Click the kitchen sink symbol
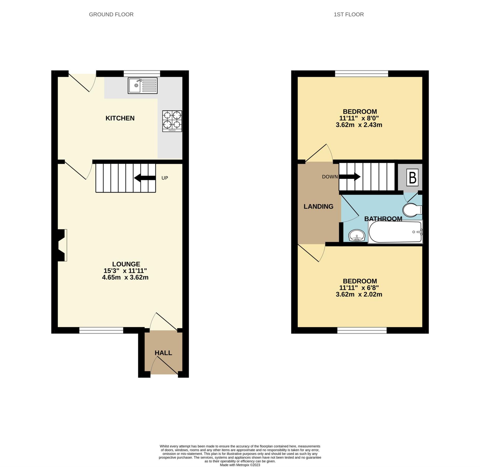click(x=143, y=86)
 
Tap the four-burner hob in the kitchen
click(x=172, y=121)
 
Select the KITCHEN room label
click(x=120, y=118)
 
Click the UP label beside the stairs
click(x=165, y=178)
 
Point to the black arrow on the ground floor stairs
click(x=145, y=178)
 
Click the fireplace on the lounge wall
click(x=62, y=245)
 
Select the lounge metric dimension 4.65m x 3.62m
click(x=125, y=277)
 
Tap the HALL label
click(x=163, y=353)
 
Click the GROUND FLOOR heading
click(x=111, y=15)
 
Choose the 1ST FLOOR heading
click(x=349, y=15)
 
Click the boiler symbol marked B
click(x=412, y=178)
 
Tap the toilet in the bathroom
click(x=411, y=210)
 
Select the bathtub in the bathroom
click(x=395, y=232)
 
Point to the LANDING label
click(x=318, y=207)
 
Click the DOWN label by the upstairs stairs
click(x=330, y=177)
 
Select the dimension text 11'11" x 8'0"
click(x=359, y=118)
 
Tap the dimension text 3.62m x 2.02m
click(x=359, y=294)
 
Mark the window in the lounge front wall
click(x=101, y=330)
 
